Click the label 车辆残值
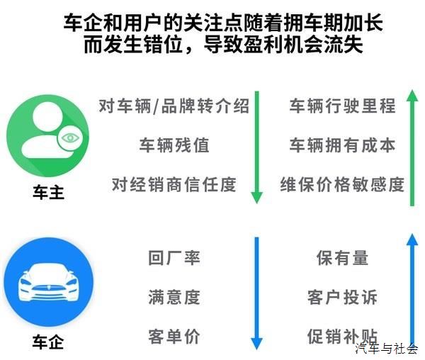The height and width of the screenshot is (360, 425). (174, 145)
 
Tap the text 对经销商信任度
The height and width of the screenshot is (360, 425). (174, 185)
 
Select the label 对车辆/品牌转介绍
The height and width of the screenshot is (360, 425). (174, 106)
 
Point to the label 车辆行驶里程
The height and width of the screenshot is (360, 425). (343, 106)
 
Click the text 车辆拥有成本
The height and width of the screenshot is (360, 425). (343, 145)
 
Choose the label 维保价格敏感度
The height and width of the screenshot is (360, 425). (343, 185)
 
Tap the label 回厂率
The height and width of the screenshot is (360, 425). (174, 257)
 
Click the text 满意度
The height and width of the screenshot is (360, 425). (174, 297)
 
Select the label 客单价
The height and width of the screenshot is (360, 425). (174, 337)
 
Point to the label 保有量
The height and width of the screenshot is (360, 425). (343, 257)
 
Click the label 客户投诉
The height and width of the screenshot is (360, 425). (343, 297)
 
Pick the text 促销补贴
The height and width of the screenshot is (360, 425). (343, 337)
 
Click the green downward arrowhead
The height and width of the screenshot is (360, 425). (256, 197)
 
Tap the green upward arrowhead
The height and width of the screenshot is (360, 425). (412, 96)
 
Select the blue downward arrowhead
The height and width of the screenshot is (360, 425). (256, 344)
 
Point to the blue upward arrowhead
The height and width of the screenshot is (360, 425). (412, 240)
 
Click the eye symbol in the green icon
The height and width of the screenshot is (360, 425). (70, 138)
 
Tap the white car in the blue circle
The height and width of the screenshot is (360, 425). (48, 282)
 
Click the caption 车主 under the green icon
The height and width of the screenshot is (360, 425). (48, 193)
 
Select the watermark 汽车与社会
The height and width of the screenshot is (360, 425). (387, 349)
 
